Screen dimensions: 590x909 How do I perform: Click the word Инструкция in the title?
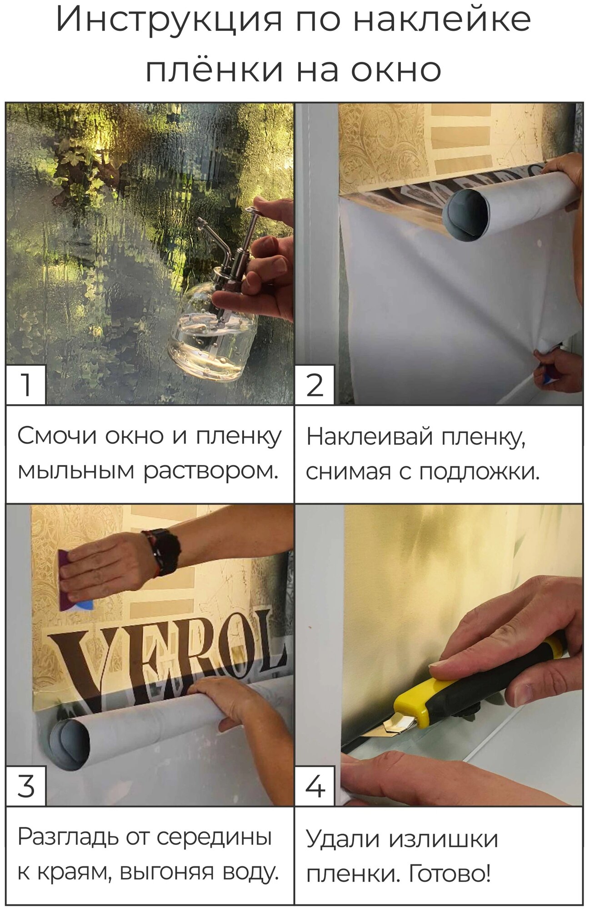[x=169, y=20]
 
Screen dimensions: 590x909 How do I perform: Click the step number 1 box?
[x=26, y=385]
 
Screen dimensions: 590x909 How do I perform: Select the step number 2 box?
[x=315, y=385]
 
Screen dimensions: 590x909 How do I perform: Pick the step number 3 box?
[x=26, y=786]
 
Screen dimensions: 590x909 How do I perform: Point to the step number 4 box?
[x=315, y=786]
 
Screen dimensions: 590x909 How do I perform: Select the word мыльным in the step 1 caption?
[x=75, y=471]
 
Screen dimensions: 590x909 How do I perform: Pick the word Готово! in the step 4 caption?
[x=450, y=873]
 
